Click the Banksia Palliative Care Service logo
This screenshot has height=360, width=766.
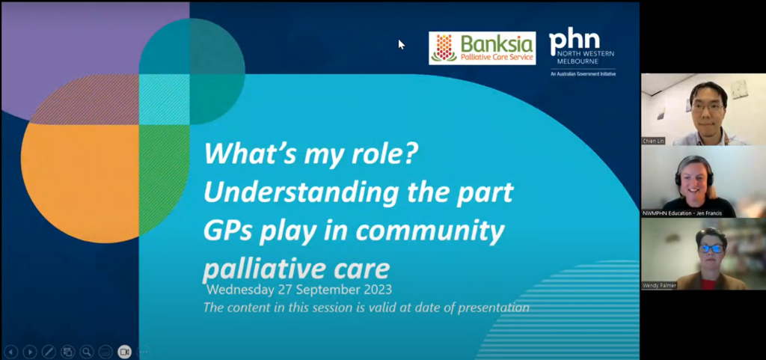(x=482, y=48)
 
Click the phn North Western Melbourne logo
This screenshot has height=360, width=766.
(x=582, y=52)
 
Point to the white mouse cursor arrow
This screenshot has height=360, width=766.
(x=402, y=44)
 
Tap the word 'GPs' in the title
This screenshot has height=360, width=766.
(x=228, y=231)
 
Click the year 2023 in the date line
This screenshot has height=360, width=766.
(x=378, y=290)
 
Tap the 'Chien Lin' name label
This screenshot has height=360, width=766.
(x=654, y=141)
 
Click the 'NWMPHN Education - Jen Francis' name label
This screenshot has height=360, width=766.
(x=682, y=213)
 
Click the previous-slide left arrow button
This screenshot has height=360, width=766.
(x=10, y=352)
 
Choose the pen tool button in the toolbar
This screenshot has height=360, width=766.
(x=49, y=352)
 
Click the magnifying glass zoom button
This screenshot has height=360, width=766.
(x=87, y=352)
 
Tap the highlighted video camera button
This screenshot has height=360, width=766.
(x=125, y=352)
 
